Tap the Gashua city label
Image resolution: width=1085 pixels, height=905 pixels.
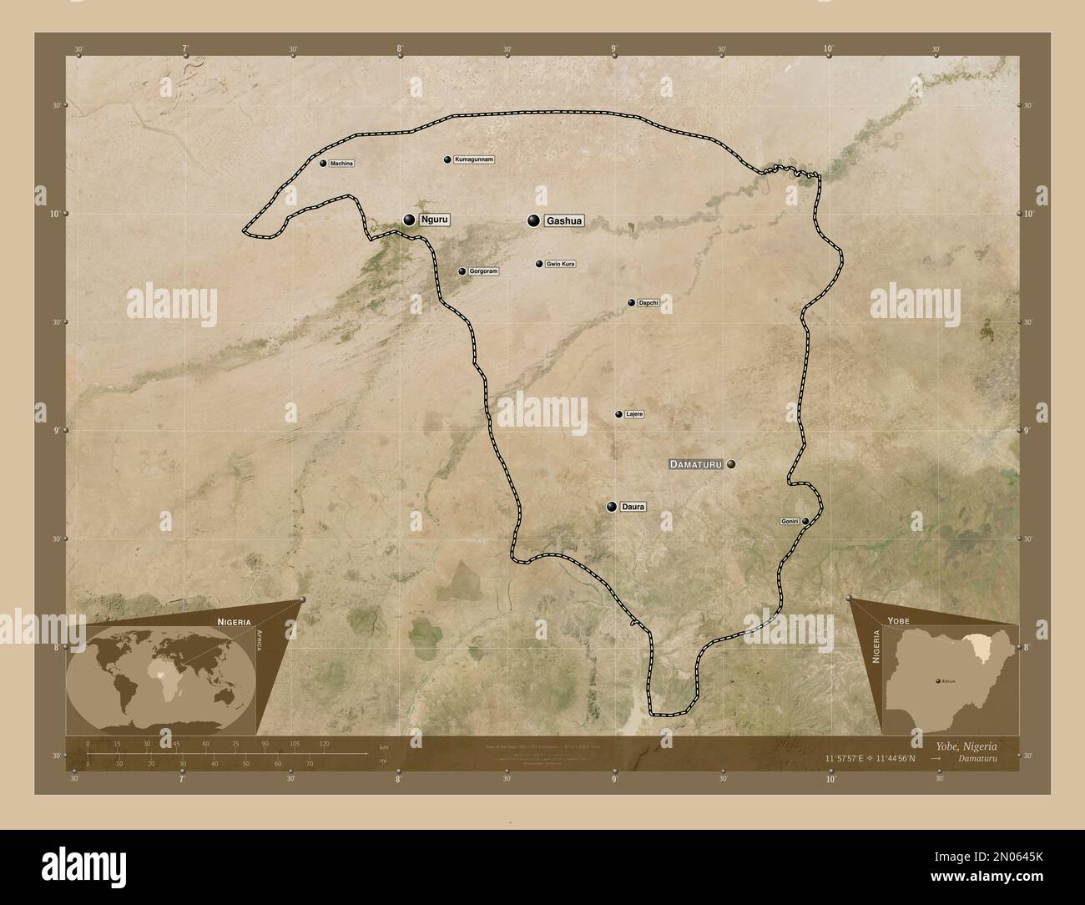(x=563, y=221)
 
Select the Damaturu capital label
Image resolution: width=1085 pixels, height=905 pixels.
(x=697, y=463)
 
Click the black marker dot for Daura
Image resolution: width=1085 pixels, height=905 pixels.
(x=612, y=507)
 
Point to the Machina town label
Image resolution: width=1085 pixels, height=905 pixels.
(x=341, y=164)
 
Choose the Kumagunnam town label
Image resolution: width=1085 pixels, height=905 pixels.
(x=474, y=159)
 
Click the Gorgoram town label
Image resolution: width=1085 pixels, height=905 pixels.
(x=483, y=271)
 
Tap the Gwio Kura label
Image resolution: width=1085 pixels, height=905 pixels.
(x=560, y=264)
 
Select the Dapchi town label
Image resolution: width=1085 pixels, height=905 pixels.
(x=648, y=302)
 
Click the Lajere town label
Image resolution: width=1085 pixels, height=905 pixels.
(x=634, y=414)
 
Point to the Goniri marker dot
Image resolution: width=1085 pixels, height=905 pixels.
(x=805, y=521)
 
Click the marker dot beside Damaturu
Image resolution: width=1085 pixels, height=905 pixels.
(x=731, y=463)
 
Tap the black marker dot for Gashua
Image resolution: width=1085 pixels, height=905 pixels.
(x=532, y=220)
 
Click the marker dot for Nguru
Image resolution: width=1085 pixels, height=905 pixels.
(x=409, y=220)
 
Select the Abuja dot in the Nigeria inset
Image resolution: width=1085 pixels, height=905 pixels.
(x=937, y=681)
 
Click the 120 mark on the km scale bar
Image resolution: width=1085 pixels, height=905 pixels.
(x=324, y=743)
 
